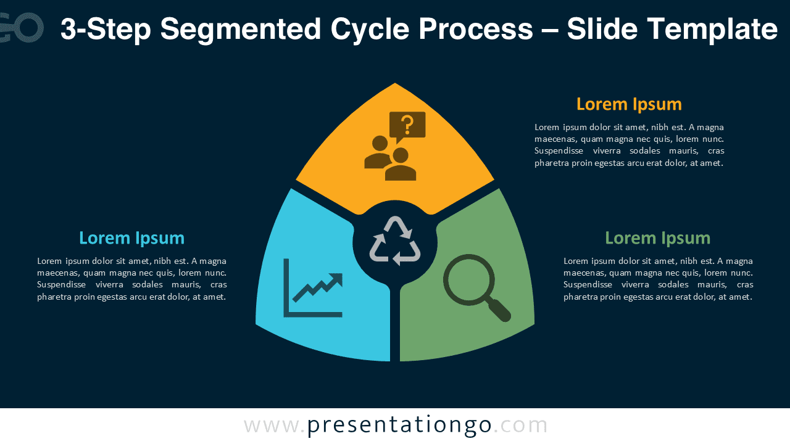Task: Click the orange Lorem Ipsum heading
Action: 629,105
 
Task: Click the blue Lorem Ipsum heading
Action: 131,239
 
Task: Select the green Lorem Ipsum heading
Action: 658,239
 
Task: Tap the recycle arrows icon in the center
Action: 395,241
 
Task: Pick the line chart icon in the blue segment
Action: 313,288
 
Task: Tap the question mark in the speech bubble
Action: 407,125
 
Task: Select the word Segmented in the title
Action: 241,30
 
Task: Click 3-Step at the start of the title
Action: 106,29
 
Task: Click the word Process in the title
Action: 476,29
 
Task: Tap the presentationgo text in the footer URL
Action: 399,425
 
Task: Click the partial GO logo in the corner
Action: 22,28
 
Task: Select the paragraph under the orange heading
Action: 629,145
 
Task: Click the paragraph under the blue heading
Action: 131,279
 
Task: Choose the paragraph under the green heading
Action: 658,279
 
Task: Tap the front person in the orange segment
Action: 401,164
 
